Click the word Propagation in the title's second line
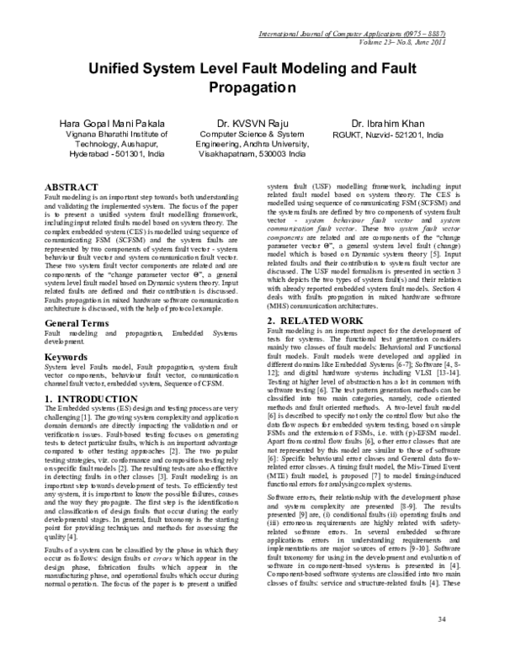[252, 88]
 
